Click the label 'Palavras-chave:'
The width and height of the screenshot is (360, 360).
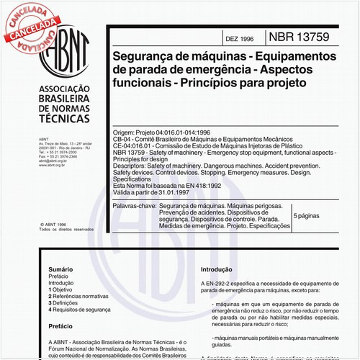coord(135,206)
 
